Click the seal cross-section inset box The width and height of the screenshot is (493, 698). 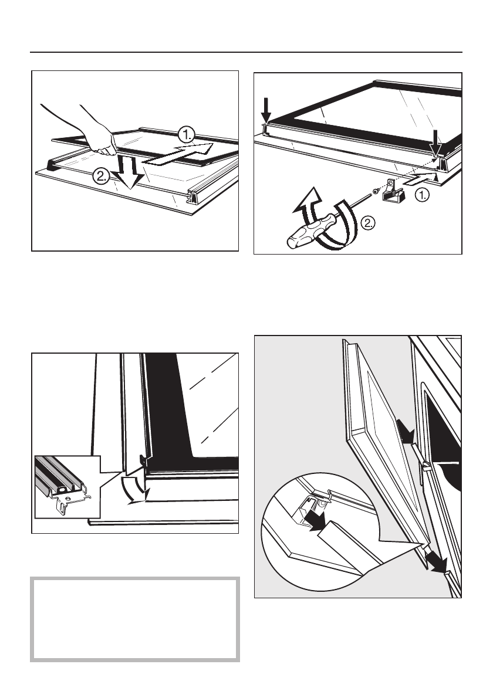pyautogui.click(x=67, y=487)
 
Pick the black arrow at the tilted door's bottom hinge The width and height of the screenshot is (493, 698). pyautogui.click(x=436, y=563)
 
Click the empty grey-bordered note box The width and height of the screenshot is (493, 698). pyautogui.click(x=135, y=619)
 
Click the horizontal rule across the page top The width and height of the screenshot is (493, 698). pyautogui.click(x=246, y=53)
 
